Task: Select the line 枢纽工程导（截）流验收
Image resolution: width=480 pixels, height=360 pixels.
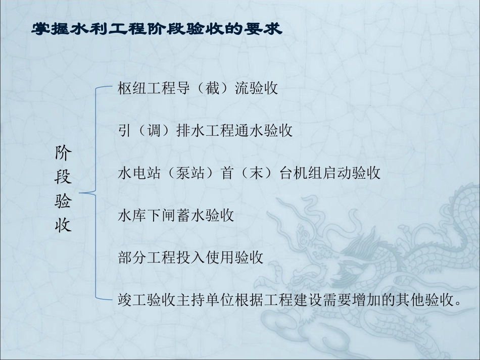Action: pyautogui.click(x=198, y=88)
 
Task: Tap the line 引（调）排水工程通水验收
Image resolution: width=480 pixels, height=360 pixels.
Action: pyautogui.click(x=205, y=131)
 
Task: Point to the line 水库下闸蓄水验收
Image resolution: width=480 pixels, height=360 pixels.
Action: pyautogui.click(x=175, y=216)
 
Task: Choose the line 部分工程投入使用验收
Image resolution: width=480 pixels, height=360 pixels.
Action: pyautogui.click(x=190, y=258)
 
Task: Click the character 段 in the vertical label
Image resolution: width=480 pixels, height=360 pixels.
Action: pyautogui.click(x=63, y=178)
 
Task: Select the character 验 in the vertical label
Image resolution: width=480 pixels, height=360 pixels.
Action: pyautogui.click(x=63, y=201)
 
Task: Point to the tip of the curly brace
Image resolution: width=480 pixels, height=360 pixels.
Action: pyautogui.click(x=81, y=193)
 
